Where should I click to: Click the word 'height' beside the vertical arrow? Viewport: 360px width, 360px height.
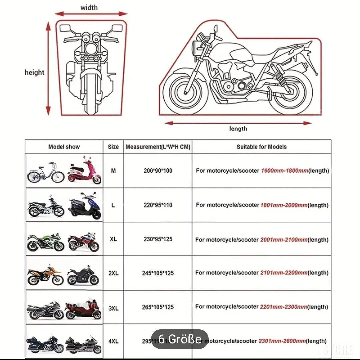pos(34,72)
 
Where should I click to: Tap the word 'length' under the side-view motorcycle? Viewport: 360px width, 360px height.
pos(238,129)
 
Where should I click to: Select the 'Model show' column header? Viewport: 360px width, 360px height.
pos(64,147)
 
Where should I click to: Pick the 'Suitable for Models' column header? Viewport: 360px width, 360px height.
pos(261,147)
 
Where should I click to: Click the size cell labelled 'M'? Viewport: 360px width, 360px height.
pos(113,171)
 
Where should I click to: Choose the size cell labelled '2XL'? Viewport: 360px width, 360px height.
pos(113,273)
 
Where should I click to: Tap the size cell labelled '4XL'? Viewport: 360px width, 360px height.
pos(113,341)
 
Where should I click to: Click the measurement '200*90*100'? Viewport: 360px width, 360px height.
pos(158,171)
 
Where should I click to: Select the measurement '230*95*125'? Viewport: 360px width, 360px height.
pos(158,239)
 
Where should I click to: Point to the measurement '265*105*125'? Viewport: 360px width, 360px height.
pos(158,307)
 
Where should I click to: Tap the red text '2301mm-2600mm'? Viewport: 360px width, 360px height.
pos(282,341)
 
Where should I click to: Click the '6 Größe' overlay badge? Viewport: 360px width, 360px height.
pos(180,339)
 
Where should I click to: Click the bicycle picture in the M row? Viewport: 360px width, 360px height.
pos(45,173)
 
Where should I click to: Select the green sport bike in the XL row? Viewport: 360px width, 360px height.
pos(45,241)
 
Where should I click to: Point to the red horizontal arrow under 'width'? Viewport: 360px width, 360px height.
pos(91,14)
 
